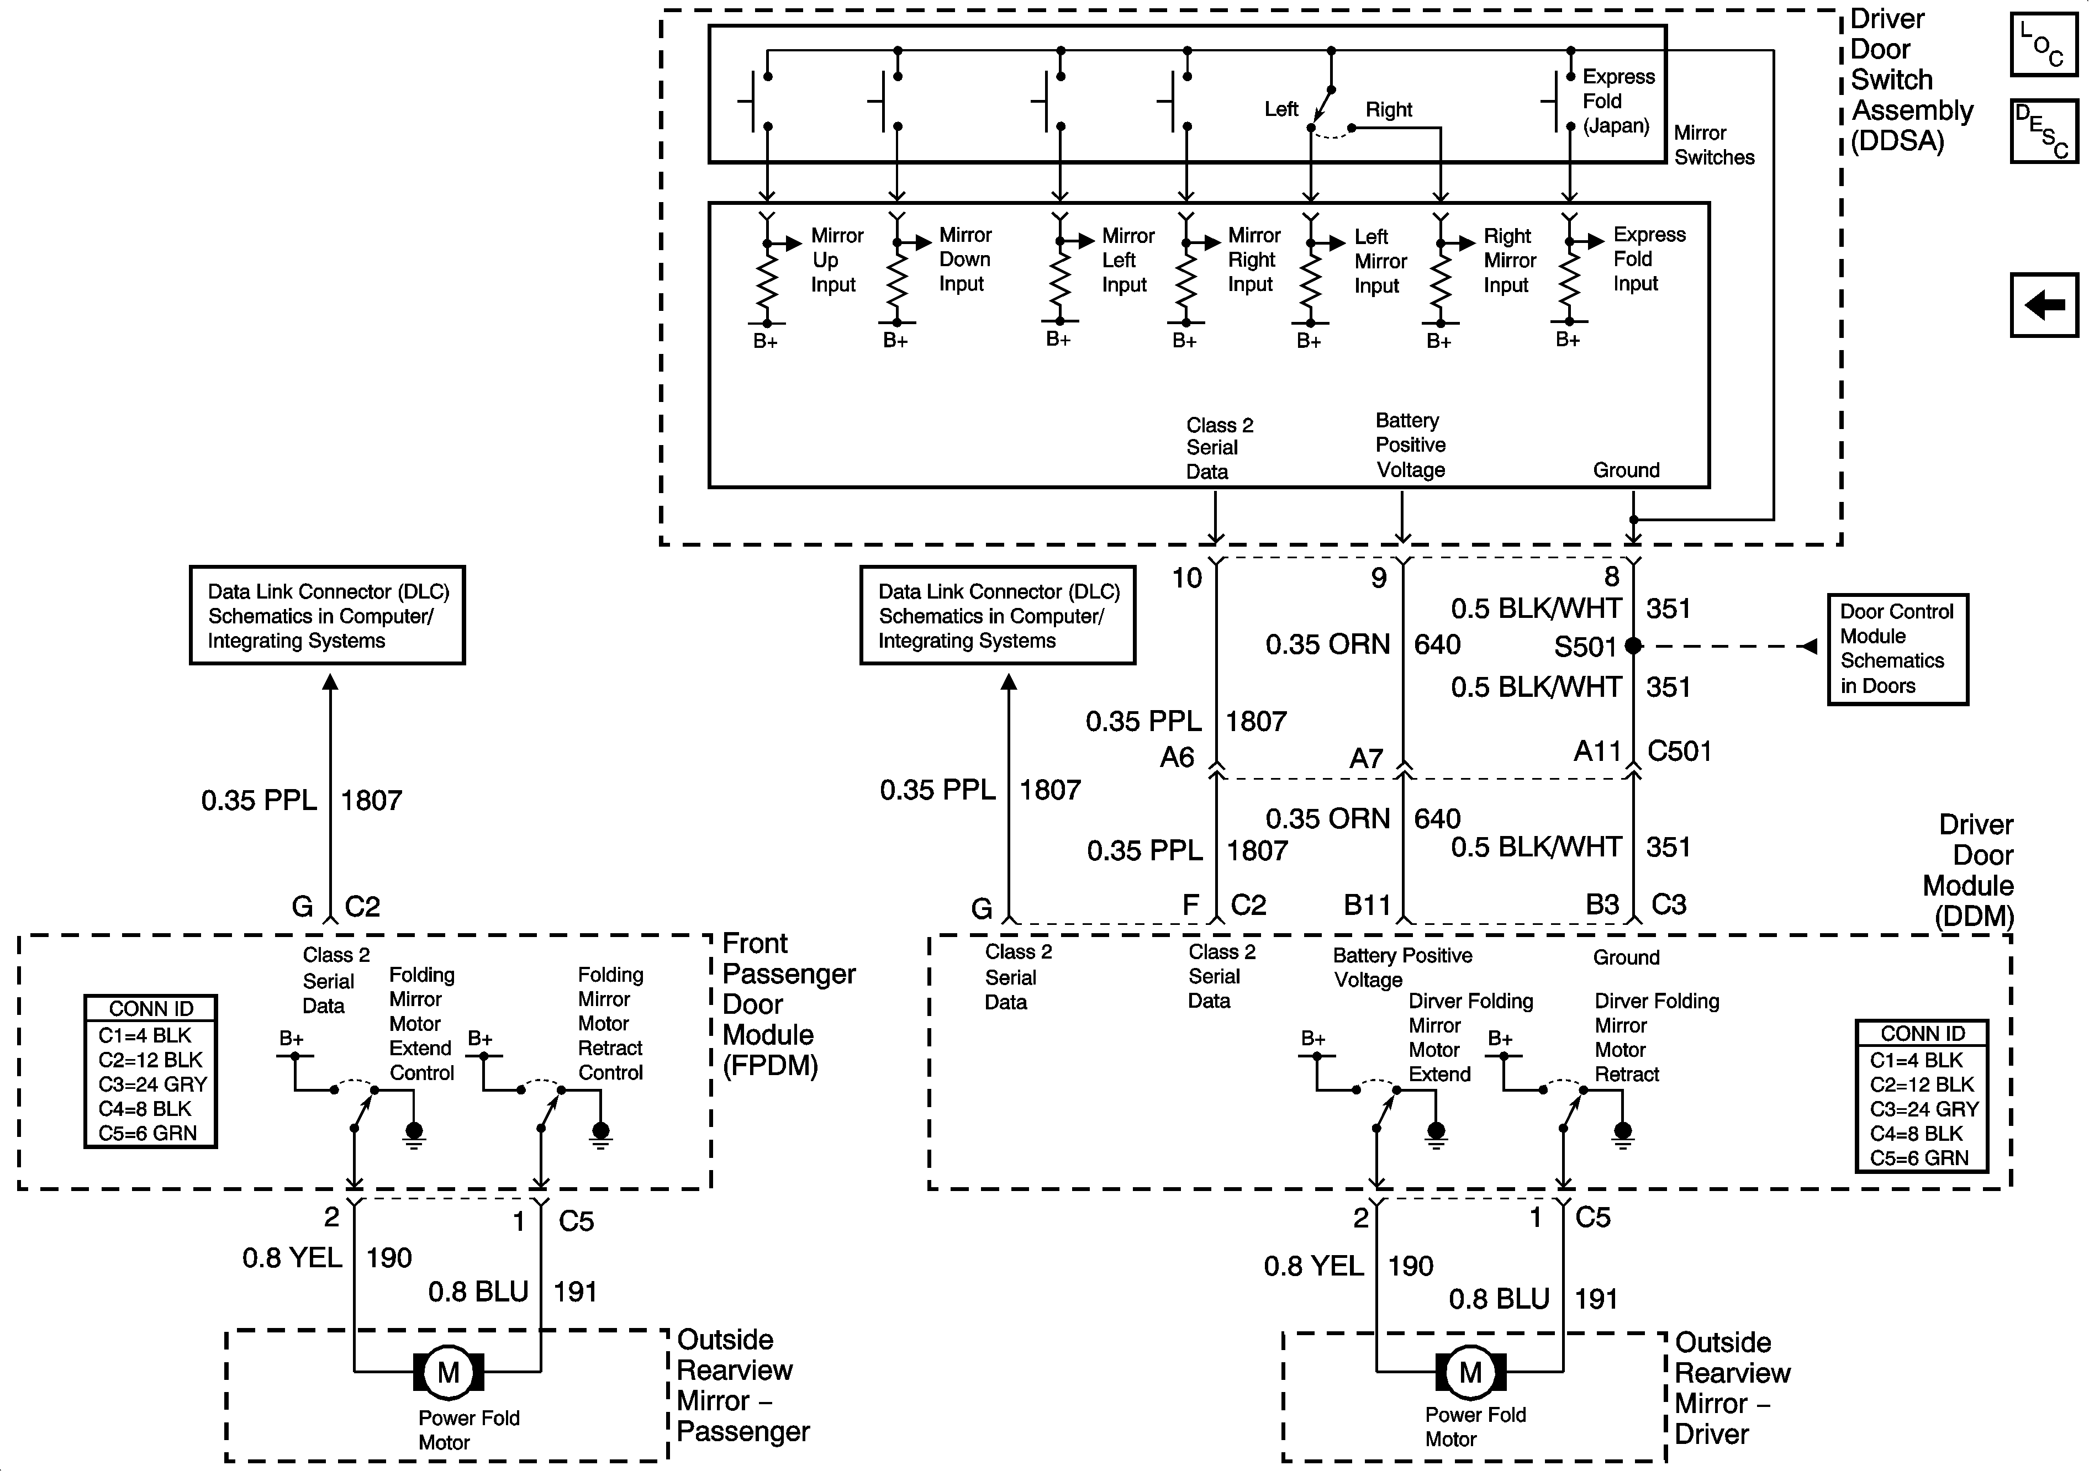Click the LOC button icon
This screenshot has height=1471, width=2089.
[2044, 45]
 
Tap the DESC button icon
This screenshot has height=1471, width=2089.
[2044, 131]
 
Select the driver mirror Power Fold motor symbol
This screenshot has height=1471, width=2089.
[1470, 1373]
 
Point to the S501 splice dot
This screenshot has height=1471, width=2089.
[1633, 646]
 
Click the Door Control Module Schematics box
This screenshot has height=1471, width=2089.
[1898, 649]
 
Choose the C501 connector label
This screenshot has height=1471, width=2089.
[1680, 752]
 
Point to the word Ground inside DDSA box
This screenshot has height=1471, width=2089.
[1626, 470]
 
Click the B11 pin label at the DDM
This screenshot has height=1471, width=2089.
[1368, 905]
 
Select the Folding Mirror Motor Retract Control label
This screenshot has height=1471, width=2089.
[610, 1023]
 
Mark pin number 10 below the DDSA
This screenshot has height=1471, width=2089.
[1186, 578]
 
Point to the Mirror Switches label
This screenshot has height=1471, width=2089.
[1714, 145]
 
